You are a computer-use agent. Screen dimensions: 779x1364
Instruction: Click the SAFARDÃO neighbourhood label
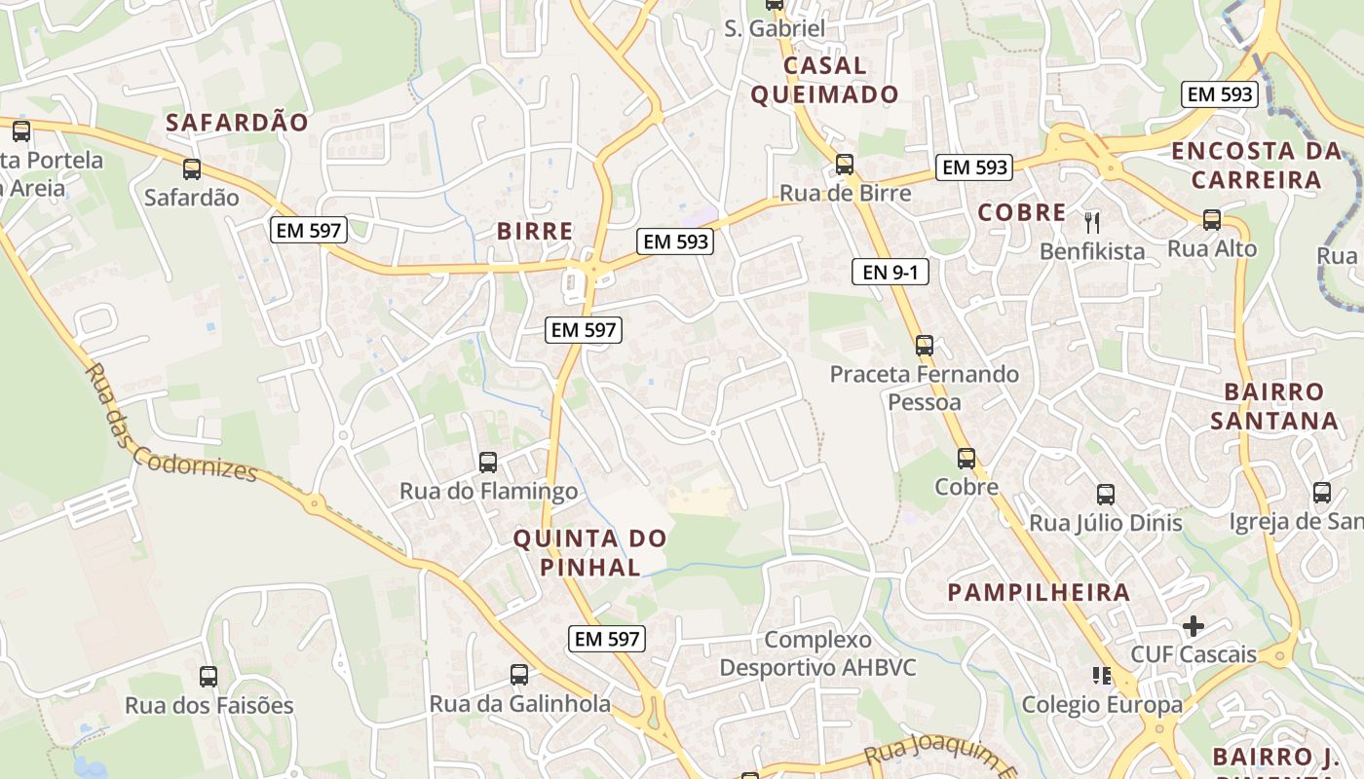pyautogui.click(x=237, y=123)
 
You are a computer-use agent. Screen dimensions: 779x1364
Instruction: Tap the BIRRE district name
pyautogui.click(x=535, y=231)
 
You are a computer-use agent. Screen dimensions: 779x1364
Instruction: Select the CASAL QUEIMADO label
pyautogui.click(x=840, y=80)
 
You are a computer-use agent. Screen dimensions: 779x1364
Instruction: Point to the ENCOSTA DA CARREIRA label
pyautogui.click(x=1255, y=166)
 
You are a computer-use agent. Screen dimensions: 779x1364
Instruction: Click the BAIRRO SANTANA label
pyautogui.click(x=1273, y=406)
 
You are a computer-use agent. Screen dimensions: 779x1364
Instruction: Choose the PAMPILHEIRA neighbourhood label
pyautogui.click(x=1039, y=592)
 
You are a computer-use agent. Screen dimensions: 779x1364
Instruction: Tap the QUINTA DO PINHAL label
pyautogui.click(x=589, y=552)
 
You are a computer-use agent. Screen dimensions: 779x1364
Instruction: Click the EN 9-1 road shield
pyautogui.click(x=890, y=272)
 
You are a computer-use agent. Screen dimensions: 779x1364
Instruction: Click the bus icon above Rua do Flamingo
pyautogui.click(x=488, y=462)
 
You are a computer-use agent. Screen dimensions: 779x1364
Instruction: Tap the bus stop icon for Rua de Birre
pyautogui.click(x=845, y=164)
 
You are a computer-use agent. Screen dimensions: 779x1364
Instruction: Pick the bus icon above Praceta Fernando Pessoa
pyautogui.click(x=924, y=345)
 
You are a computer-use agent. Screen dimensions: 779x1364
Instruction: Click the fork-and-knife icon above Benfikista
pyautogui.click(x=1091, y=222)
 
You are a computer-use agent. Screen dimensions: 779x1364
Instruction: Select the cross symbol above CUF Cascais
pyautogui.click(x=1193, y=625)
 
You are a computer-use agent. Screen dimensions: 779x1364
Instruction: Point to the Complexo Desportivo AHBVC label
pyautogui.click(x=817, y=653)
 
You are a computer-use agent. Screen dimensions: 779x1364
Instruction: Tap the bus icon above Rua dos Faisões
pyautogui.click(x=208, y=676)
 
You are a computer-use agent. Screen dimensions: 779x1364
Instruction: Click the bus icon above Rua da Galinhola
pyautogui.click(x=519, y=674)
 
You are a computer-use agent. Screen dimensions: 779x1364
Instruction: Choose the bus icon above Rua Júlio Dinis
pyautogui.click(x=1106, y=494)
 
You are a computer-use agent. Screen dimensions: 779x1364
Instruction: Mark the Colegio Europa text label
pyautogui.click(x=1102, y=704)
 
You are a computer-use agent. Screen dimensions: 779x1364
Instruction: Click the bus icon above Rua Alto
pyautogui.click(x=1212, y=219)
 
